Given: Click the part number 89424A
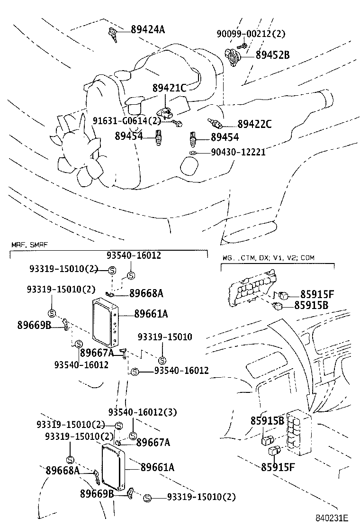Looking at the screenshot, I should point(148,30).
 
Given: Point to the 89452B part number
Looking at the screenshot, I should point(272,55).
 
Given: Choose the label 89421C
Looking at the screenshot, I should point(170,88).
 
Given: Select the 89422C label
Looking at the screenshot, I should point(254,125).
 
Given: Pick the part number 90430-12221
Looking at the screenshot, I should point(238,152).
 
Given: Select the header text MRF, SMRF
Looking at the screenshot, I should point(29,245).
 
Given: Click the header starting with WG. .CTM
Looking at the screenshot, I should point(268,258).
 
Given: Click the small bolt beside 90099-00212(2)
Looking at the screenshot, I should point(243,45).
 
